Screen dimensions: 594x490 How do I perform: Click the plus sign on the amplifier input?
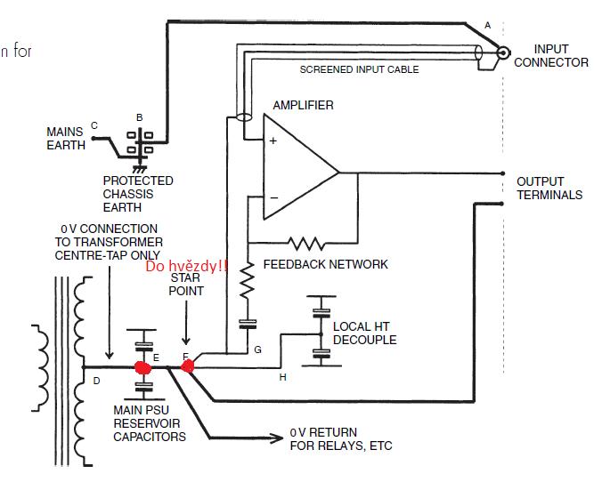[x=273, y=141]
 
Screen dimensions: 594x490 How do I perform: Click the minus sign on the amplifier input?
[x=274, y=197]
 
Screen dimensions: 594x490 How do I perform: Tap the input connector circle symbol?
[x=503, y=52]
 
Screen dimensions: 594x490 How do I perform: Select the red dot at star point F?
[x=188, y=365]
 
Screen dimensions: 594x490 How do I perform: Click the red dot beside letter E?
[x=142, y=367]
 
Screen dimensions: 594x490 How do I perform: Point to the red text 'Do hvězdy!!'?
[x=186, y=266]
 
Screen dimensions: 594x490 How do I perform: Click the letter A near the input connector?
[x=487, y=26]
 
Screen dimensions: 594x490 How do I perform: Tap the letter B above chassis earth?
[x=140, y=117]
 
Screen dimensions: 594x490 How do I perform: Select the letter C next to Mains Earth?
[x=94, y=125]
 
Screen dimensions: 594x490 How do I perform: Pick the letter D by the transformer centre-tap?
[x=96, y=381]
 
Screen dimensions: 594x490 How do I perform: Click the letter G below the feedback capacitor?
[x=257, y=349]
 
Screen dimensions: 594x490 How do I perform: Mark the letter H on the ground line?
[x=282, y=377]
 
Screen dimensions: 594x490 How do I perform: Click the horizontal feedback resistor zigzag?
[x=306, y=243]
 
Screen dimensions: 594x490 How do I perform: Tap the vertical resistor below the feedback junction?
[x=248, y=281]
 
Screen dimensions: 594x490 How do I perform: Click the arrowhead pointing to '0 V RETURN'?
[x=277, y=438]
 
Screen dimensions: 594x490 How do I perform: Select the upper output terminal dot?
[x=502, y=173]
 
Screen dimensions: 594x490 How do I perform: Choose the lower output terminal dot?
[x=502, y=204]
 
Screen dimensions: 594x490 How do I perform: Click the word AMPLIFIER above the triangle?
[x=303, y=105]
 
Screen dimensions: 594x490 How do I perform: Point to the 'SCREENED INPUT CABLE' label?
[x=359, y=69]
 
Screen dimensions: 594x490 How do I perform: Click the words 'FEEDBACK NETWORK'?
[x=325, y=264]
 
